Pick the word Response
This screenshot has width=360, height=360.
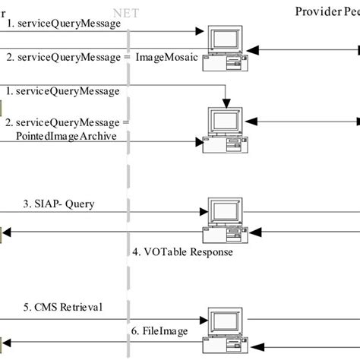(210, 251)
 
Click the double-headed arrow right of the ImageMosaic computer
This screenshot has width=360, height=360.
(304, 49)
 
